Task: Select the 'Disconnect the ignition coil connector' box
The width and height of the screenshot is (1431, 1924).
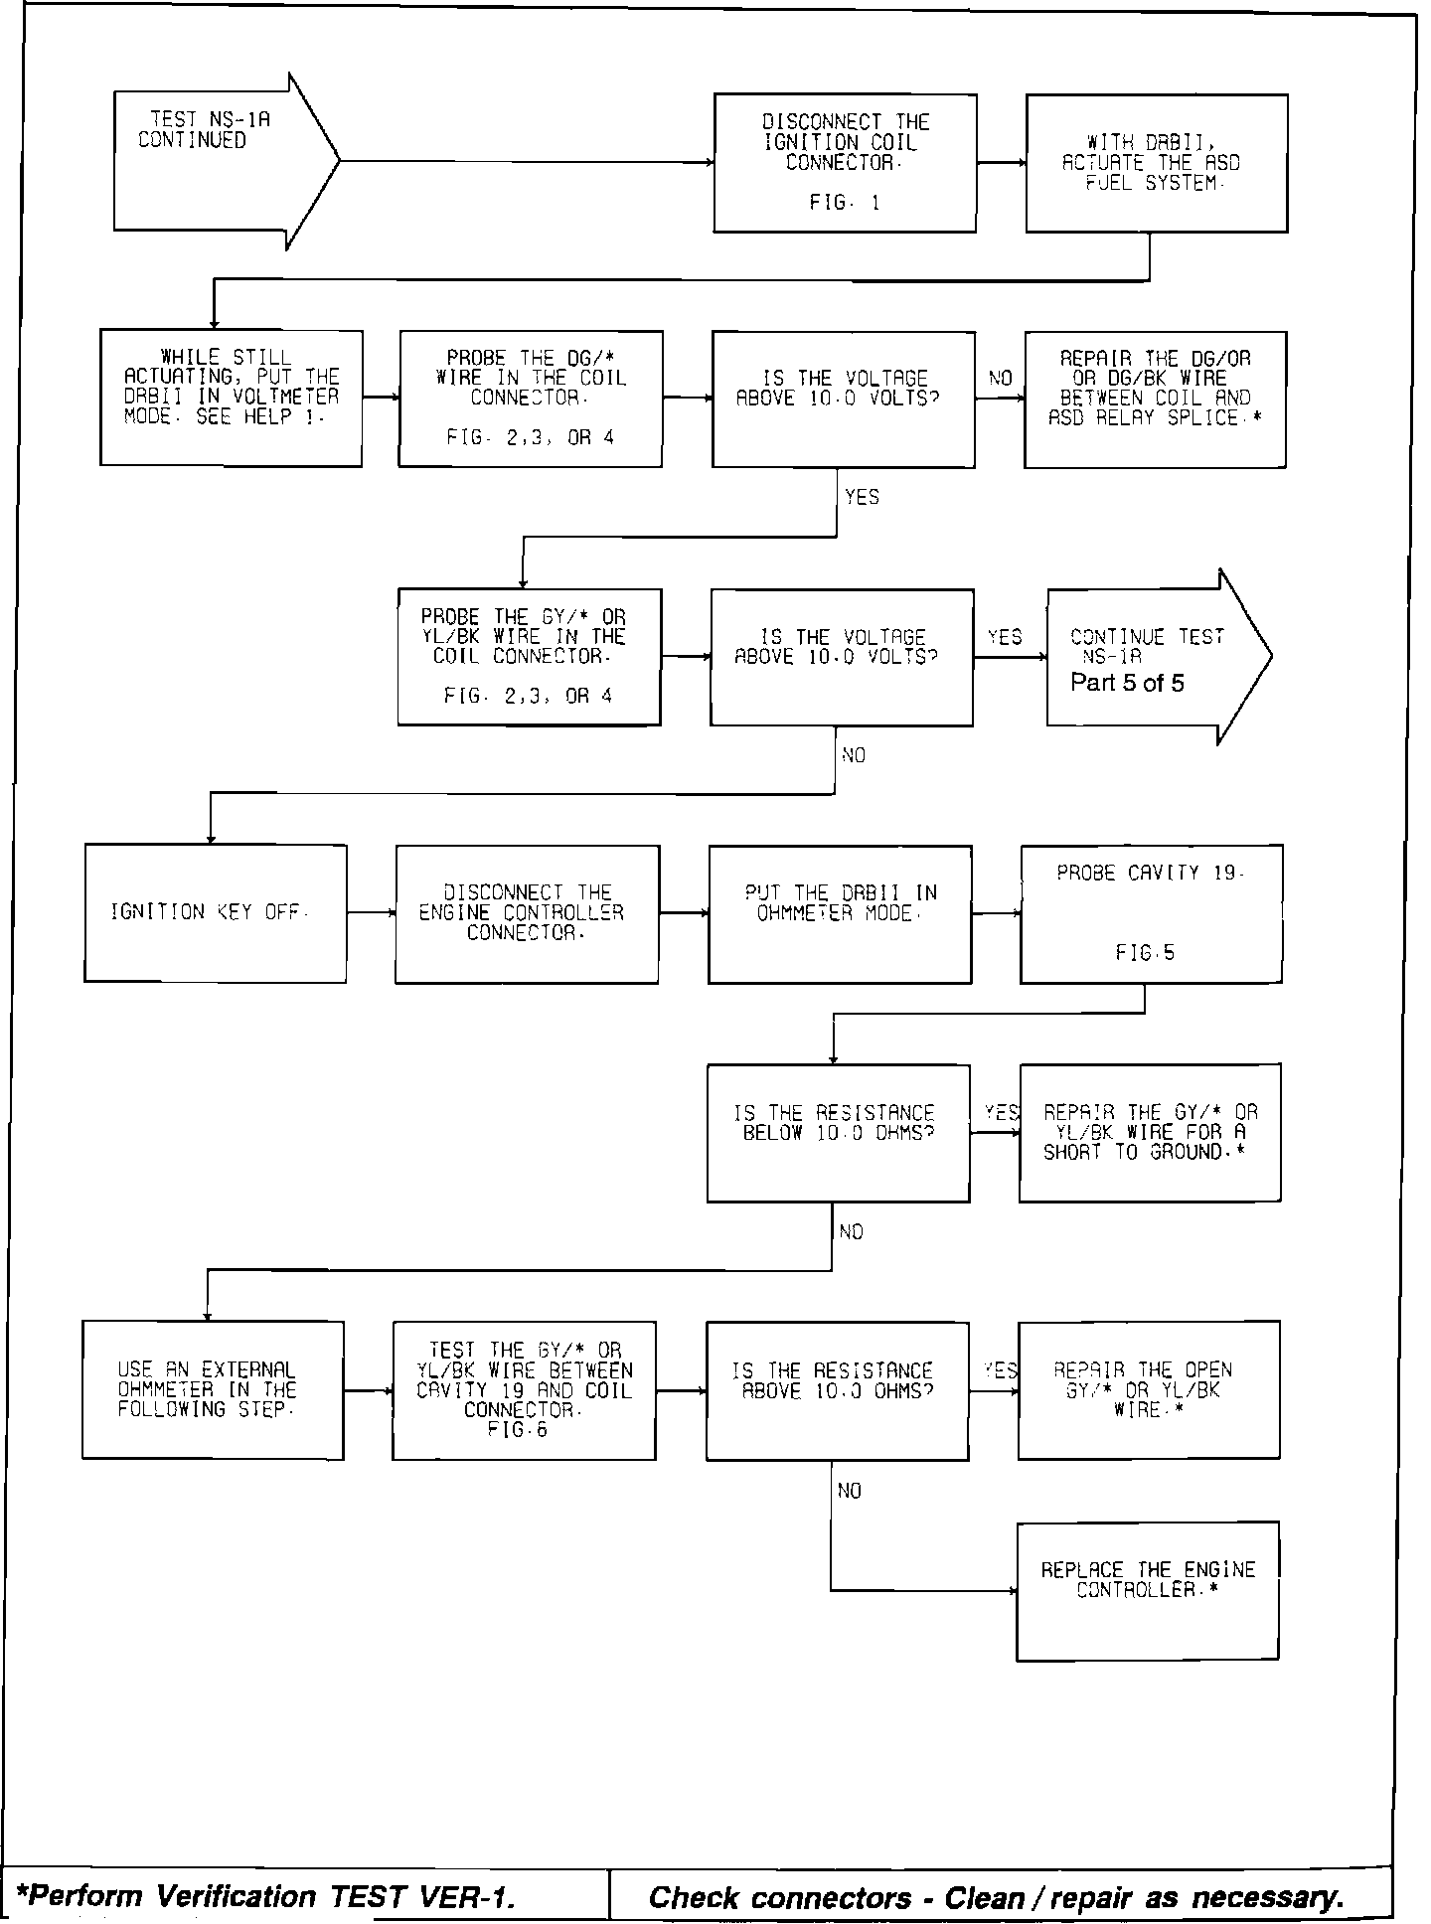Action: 845,164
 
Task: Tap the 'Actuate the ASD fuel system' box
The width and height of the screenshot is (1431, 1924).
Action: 1157,164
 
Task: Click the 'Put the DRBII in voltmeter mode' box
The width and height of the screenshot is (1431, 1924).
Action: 232,398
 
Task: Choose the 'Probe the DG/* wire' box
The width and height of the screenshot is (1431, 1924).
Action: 531,398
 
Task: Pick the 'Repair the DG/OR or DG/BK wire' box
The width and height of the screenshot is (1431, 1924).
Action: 1155,399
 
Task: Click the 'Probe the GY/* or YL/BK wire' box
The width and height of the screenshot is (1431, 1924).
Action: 529,657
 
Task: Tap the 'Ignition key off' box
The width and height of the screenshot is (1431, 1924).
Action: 216,913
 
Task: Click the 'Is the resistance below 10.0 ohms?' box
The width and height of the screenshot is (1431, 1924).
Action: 838,1133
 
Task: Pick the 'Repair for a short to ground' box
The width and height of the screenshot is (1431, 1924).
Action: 1150,1133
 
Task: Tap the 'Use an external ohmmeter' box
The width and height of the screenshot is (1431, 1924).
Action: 213,1389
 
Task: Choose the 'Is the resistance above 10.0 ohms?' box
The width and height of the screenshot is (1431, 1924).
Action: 837,1389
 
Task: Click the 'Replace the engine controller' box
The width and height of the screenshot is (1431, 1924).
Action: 1148,1590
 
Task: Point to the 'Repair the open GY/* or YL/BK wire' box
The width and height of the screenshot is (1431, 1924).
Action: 1149,1389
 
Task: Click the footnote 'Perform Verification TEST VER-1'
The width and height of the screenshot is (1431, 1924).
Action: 268,1897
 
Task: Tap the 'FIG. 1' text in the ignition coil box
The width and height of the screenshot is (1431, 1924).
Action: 845,203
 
